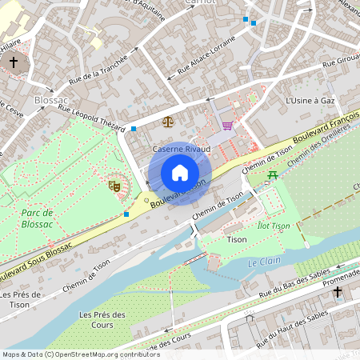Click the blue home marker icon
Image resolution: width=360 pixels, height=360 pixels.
pos(180,172)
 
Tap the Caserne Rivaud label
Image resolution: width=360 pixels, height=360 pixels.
pos(181,149)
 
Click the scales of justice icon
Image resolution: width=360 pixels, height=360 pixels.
pos(167,122)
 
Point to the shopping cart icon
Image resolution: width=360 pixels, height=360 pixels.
pos(228,125)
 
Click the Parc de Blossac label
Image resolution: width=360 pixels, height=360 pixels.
pos(38,218)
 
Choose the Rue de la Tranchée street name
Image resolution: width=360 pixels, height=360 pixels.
pos(98,68)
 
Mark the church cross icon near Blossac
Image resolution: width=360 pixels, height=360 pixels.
pos(14,62)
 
